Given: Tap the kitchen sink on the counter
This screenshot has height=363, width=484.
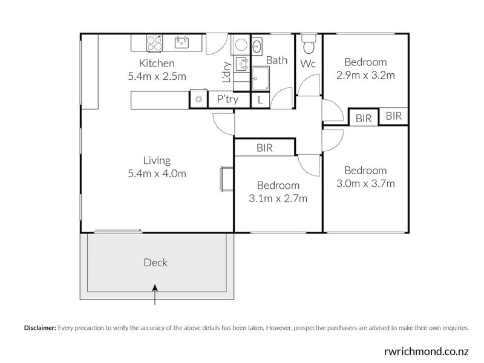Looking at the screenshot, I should [x=181, y=42].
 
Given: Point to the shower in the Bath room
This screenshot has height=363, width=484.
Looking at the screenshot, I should [x=261, y=77].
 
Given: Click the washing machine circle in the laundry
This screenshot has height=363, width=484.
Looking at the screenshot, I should [x=240, y=44].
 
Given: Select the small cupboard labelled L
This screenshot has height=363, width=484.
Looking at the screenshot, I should [x=260, y=100].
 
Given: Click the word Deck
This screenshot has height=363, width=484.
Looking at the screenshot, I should [x=155, y=263].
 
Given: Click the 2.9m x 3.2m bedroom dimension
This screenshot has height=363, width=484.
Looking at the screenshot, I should [x=365, y=76].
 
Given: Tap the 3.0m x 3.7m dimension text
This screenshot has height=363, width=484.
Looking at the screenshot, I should [x=365, y=184].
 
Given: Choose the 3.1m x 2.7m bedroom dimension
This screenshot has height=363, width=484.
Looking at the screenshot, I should [x=278, y=198].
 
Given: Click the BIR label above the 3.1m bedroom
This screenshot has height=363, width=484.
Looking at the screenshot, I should [x=264, y=147].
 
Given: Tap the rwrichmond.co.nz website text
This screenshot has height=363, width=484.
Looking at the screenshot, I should [x=426, y=350].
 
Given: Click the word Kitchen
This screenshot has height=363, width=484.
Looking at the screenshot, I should [x=157, y=64].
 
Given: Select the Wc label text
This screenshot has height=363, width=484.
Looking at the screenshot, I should [x=308, y=64].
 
